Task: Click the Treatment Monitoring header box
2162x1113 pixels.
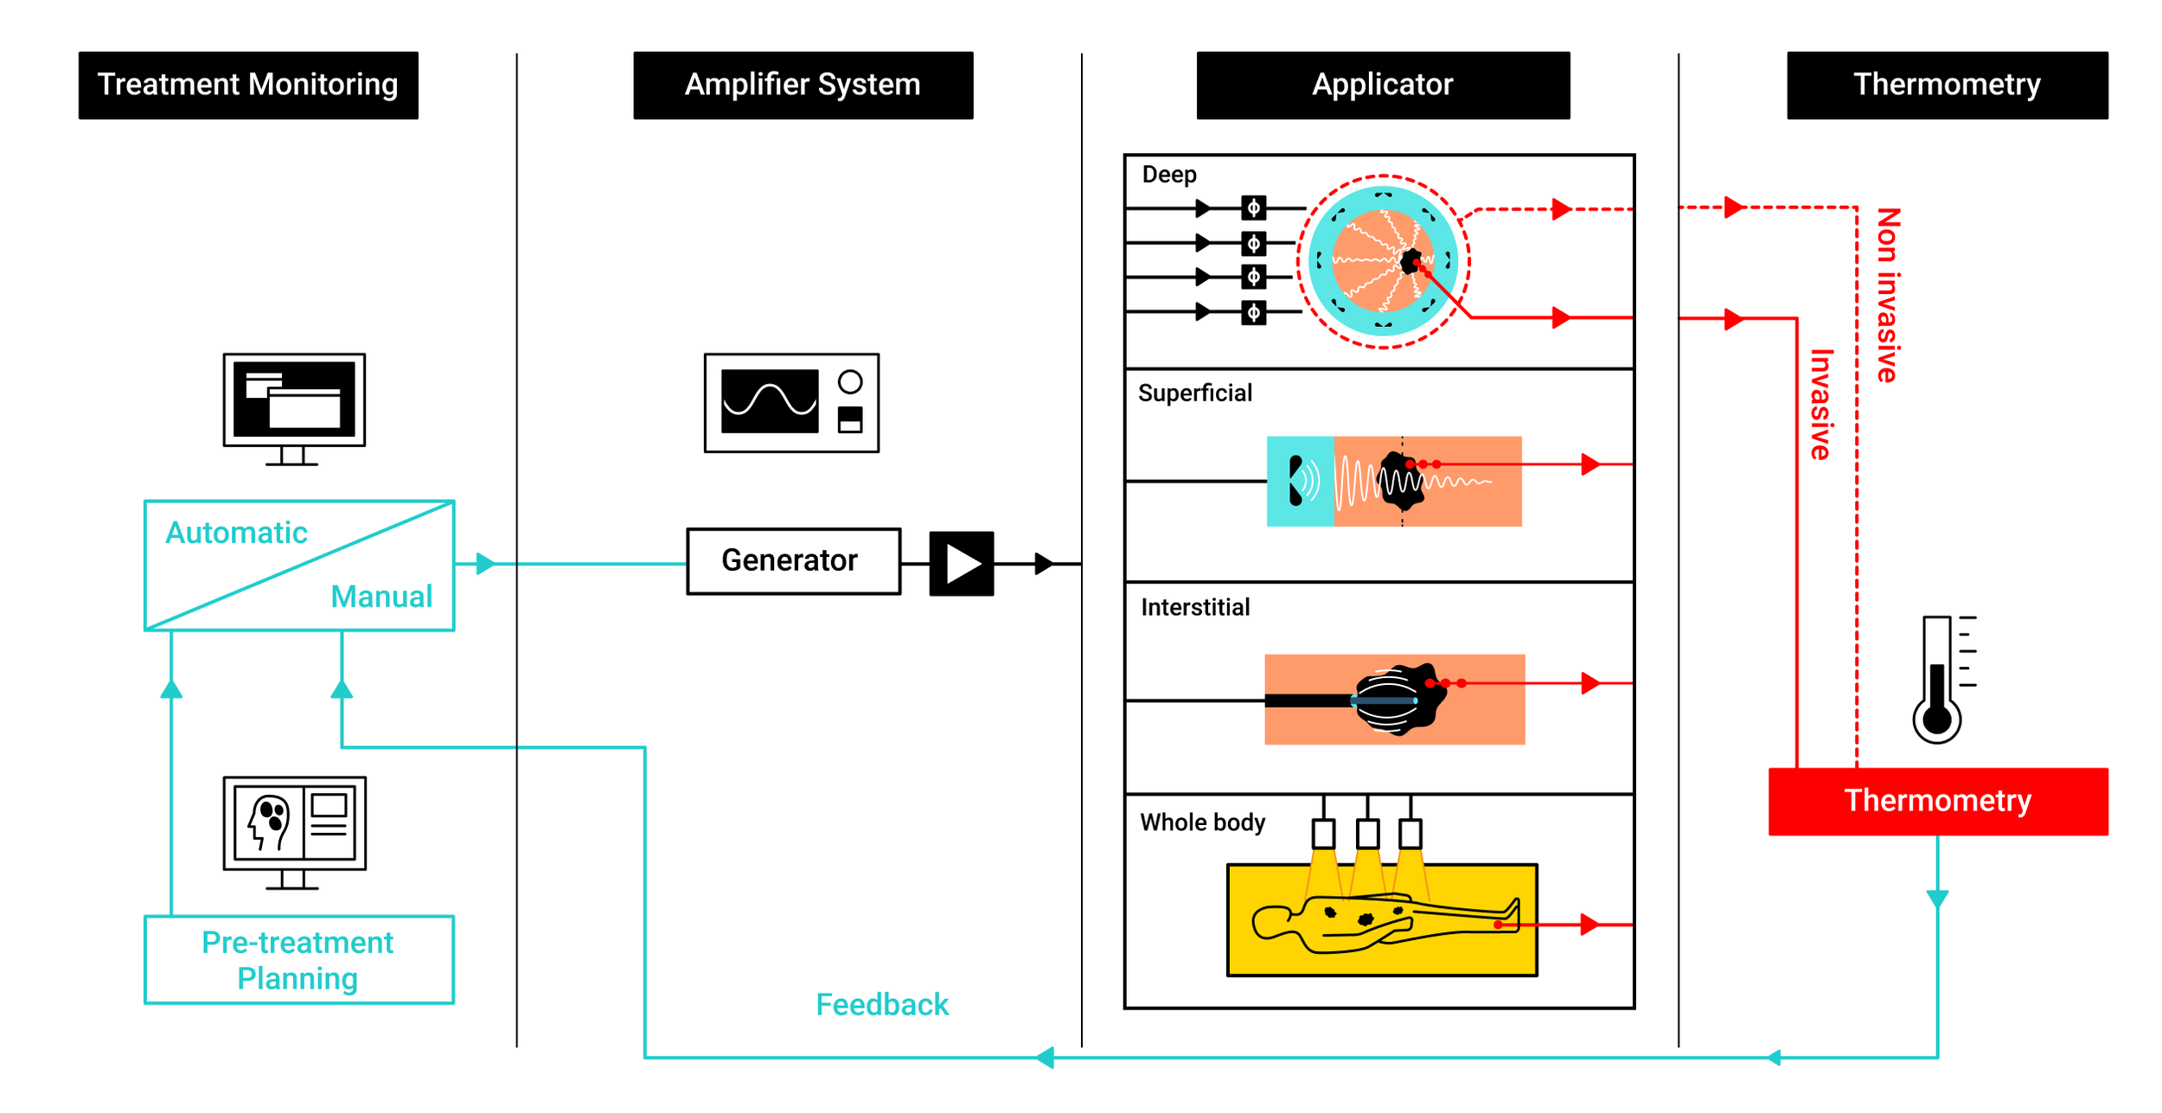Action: (x=248, y=85)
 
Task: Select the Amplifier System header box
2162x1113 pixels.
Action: (x=803, y=85)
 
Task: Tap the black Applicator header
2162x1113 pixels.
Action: (x=1382, y=85)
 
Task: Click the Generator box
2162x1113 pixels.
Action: (x=792, y=561)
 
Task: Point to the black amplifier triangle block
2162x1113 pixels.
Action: (x=961, y=564)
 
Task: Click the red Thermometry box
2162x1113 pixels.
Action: (x=1937, y=801)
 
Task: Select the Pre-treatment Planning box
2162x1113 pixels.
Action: (x=298, y=960)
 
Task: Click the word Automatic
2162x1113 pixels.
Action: (x=236, y=533)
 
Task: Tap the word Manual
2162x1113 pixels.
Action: (x=381, y=597)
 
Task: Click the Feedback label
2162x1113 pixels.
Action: (x=881, y=1005)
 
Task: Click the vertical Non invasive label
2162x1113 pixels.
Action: (x=1888, y=295)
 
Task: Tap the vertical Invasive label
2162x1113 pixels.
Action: (x=1820, y=405)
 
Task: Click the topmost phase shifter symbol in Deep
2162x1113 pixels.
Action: (x=1253, y=208)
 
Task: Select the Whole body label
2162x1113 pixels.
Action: (x=1202, y=822)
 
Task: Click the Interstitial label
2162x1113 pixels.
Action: (x=1195, y=608)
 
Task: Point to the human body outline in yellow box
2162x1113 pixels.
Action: (x=1384, y=924)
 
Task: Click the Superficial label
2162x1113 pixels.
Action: (x=1194, y=393)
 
